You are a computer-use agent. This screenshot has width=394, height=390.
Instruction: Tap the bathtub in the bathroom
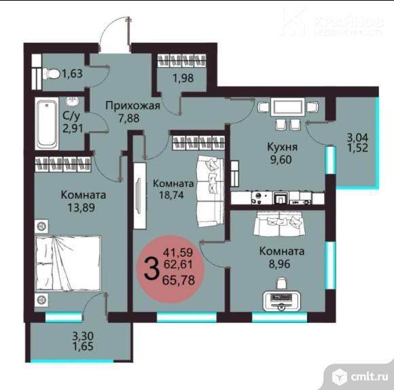coord(48,124)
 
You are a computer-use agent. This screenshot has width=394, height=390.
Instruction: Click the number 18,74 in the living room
coord(173,196)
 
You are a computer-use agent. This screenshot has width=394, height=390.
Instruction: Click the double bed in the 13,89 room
coord(68,267)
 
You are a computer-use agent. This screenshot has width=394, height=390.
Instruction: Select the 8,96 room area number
coord(281,264)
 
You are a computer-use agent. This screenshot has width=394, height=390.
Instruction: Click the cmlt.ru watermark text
coord(368,375)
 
